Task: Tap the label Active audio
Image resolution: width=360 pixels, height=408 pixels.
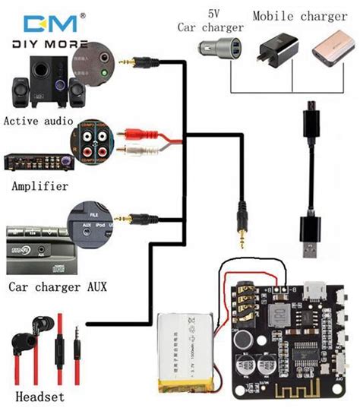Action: (x=38, y=121)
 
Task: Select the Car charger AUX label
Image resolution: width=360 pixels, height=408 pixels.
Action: (x=57, y=286)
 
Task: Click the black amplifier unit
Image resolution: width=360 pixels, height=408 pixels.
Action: (x=38, y=162)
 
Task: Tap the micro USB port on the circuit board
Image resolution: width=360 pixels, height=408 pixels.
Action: (x=313, y=291)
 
